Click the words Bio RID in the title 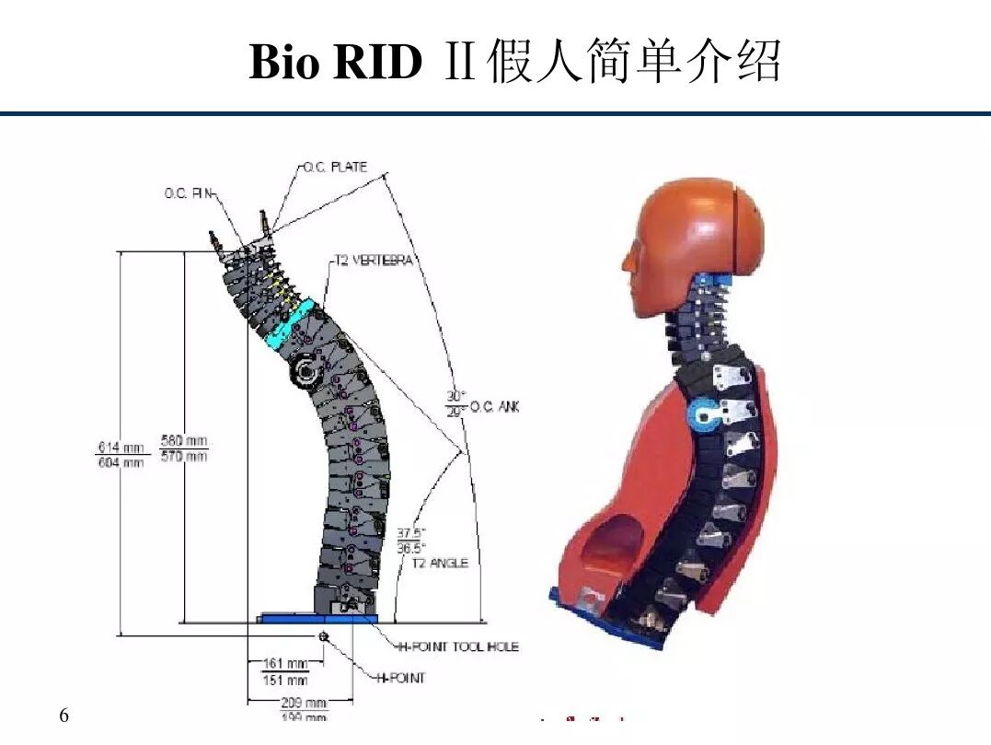pos(335,63)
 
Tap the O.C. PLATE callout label pos(336,168)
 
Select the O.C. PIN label pos(188,193)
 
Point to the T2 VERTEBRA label pos(373,261)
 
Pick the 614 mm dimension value pos(121,448)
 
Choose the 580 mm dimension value pos(184,440)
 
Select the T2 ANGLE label pos(439,563)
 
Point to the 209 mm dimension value pos(305,703)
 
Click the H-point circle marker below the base pos(323,636)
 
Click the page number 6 pos(63,716)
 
